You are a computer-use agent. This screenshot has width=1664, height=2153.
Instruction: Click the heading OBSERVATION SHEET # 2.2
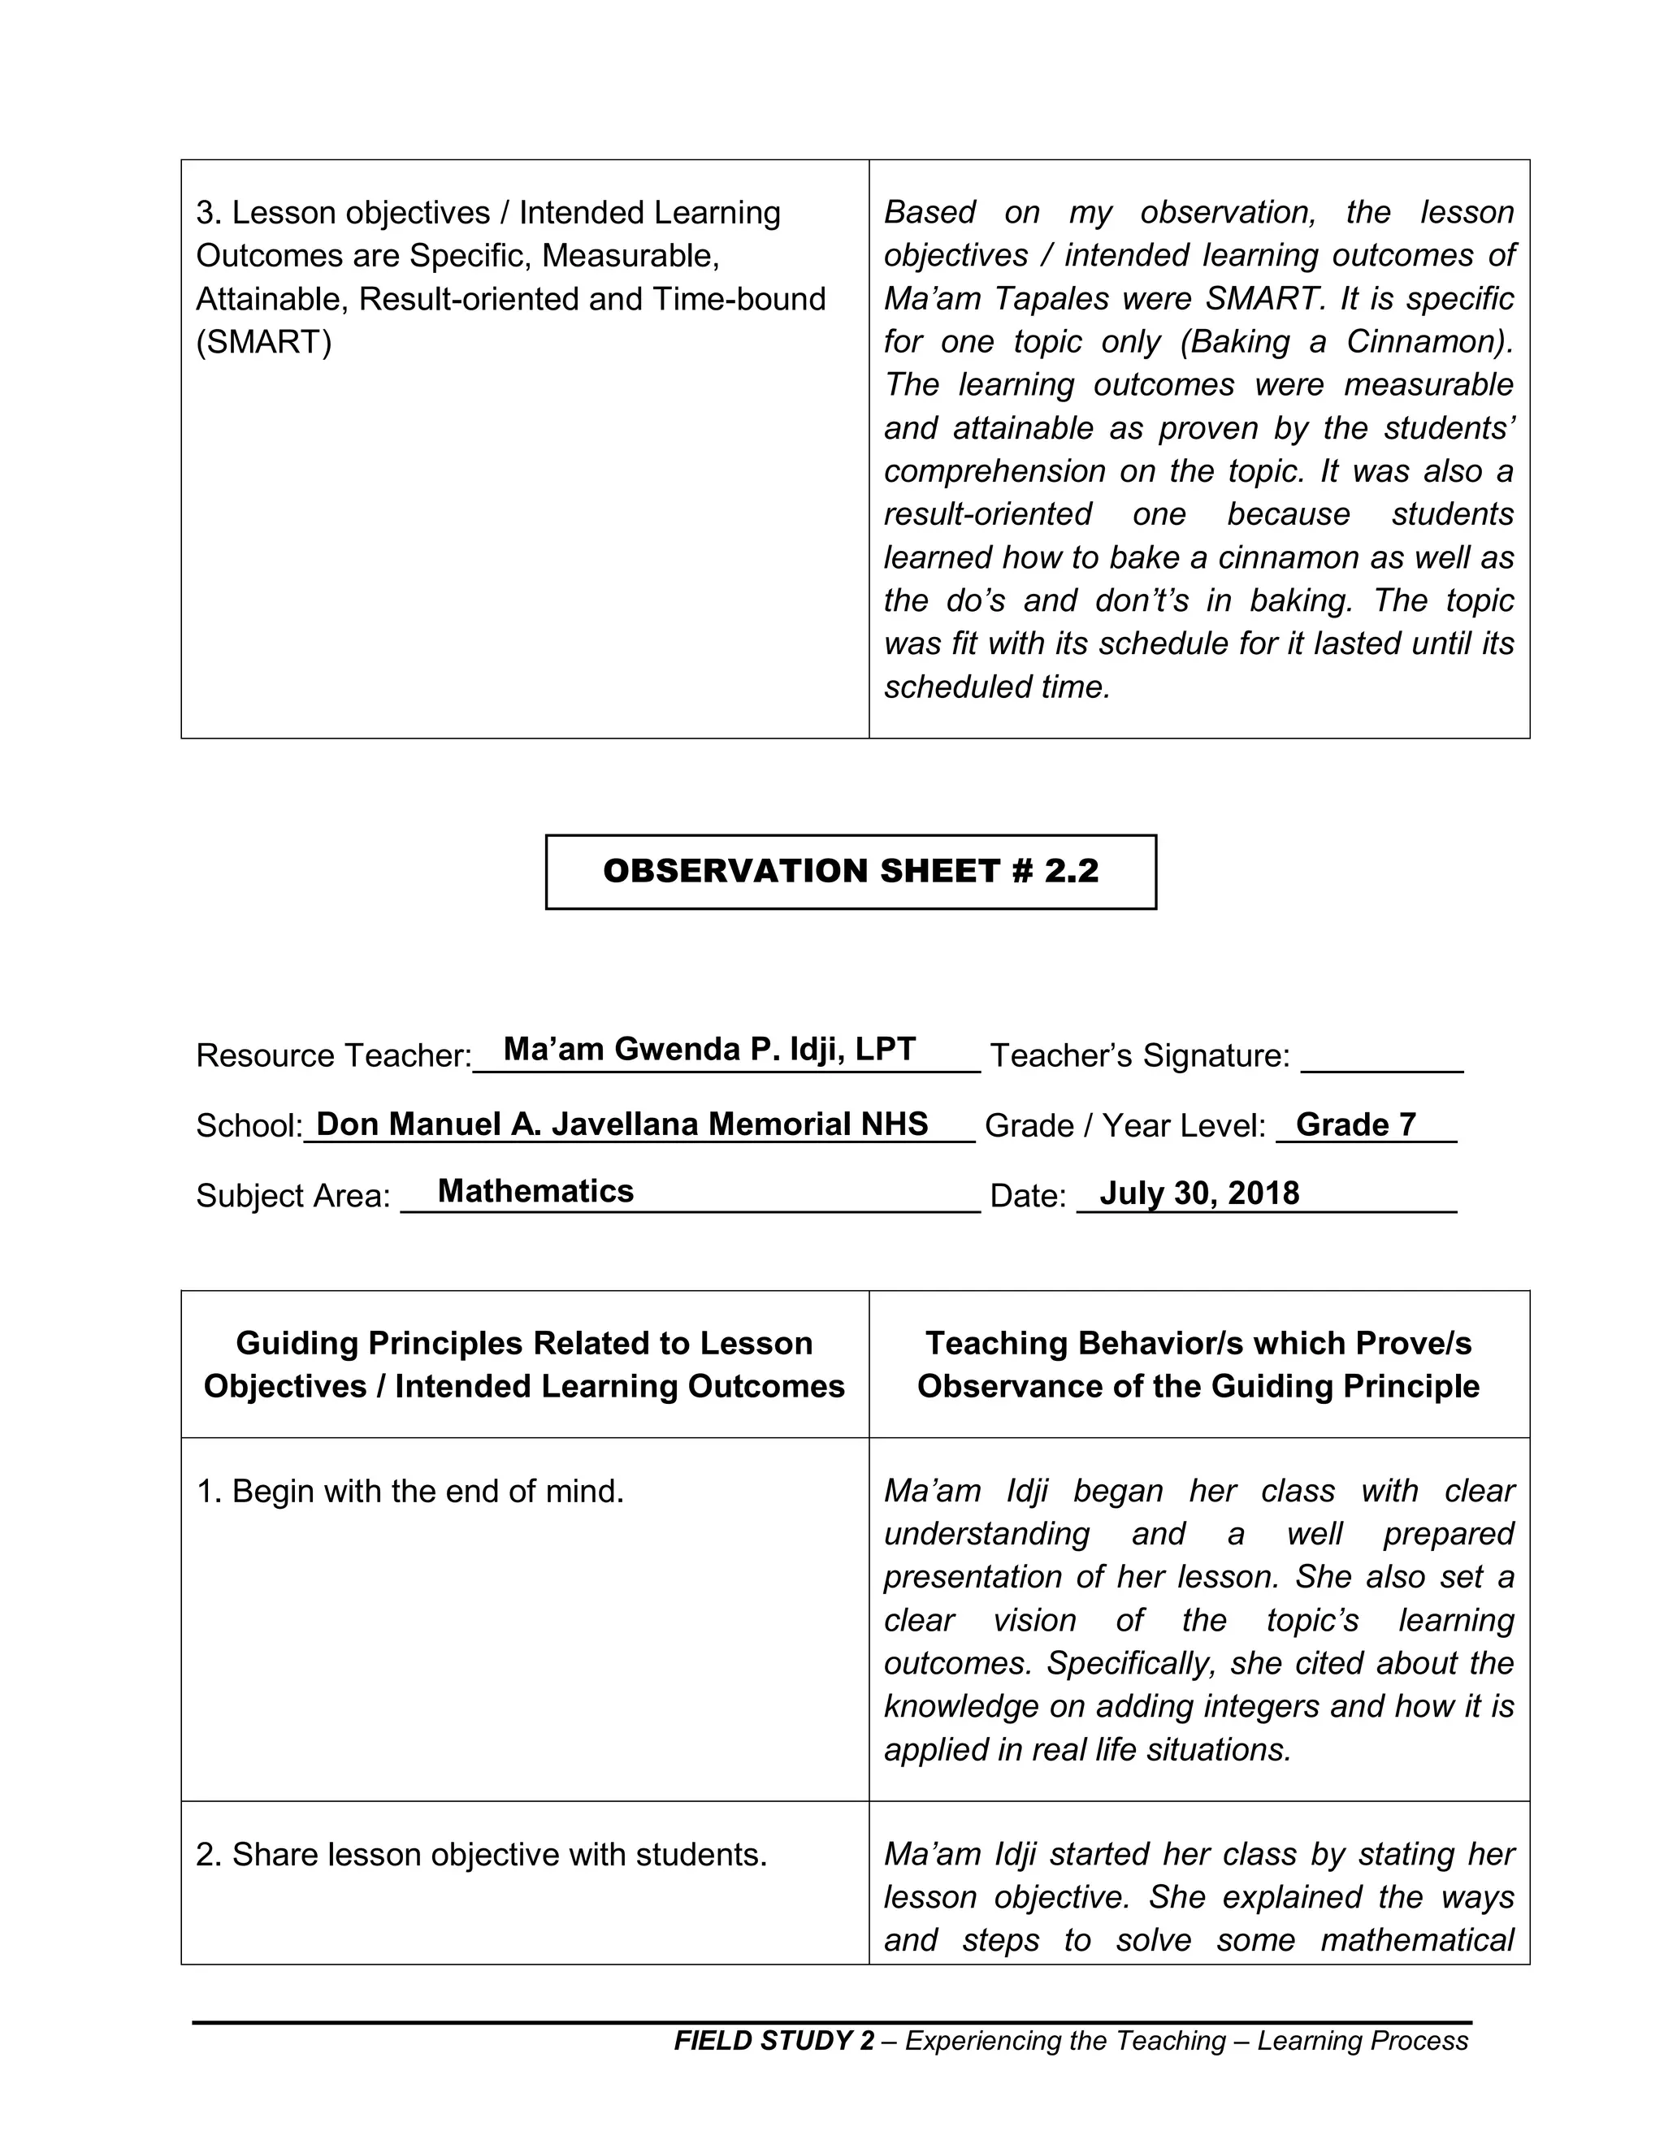coord(850,872)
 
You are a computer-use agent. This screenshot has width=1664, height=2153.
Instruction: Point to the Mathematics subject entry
coord(535,1191)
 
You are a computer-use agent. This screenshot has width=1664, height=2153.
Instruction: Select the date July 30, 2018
coord(1198,1193)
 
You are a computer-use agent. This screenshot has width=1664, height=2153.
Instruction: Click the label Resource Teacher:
coord(333,1056)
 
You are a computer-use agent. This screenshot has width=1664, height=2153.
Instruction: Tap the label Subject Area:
coord(292,1196)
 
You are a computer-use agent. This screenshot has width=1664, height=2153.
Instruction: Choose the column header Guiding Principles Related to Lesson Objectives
coord(523,1364)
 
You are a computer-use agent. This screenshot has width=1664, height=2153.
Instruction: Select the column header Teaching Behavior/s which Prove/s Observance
coord(1198,1364)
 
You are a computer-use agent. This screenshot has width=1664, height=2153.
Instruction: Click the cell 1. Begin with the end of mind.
coord(410,1492)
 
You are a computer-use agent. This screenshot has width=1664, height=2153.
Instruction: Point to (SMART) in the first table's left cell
coord(263,342)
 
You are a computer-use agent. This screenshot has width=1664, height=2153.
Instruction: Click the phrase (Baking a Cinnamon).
coord(1345,342)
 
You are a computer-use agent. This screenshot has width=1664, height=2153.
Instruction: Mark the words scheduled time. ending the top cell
coord(997,687)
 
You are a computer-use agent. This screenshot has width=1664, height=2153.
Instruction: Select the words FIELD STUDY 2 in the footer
coord(773,2041)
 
